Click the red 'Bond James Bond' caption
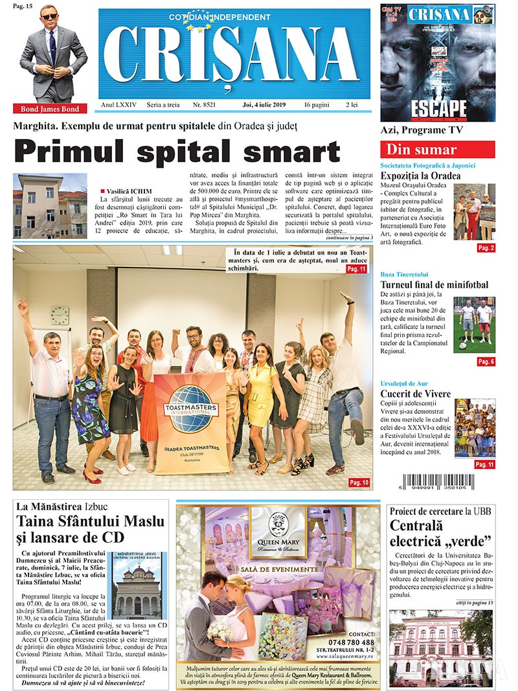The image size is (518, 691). [x=50, y=109]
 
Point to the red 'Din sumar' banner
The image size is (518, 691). [x=437, y=150]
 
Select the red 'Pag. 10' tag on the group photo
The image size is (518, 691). [x=358, y=482]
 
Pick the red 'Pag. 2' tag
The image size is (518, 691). [x=486, y=247]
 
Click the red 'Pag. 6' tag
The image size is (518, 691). [x=486, y=361]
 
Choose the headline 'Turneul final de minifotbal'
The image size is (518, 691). [x=434, y=284]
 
